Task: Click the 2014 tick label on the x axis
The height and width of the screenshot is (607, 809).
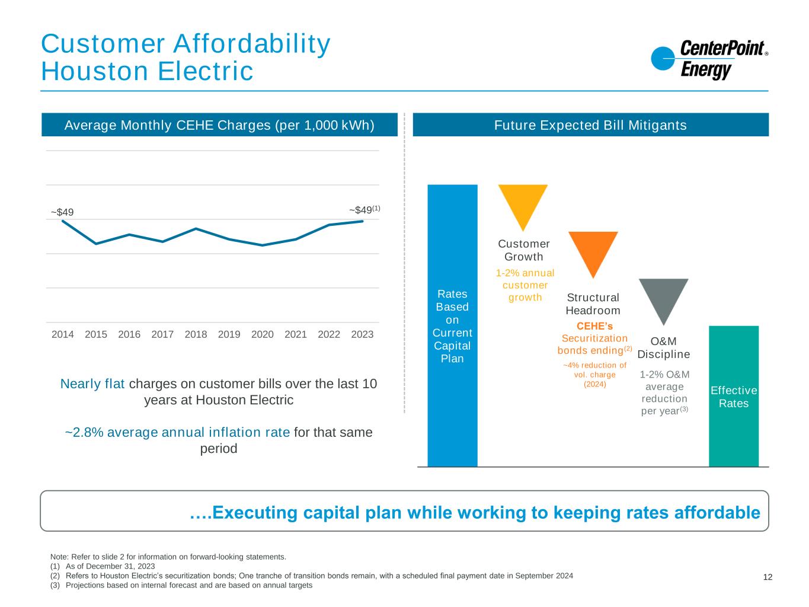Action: [x=63, y=334]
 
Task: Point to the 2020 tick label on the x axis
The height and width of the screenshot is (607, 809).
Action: [x=263, y=334]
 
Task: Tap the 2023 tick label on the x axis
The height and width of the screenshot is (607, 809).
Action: [x=362, y=334]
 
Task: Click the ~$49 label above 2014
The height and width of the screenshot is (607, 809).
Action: [x=62, y=212]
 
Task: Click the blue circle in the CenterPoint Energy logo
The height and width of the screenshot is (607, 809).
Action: [x=663, y=59]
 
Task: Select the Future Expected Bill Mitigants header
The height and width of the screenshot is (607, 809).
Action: [x=590, y=125]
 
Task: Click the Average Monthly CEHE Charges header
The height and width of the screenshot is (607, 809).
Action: [x=219, y=125]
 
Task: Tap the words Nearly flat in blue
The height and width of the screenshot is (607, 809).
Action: [x=92, y=384]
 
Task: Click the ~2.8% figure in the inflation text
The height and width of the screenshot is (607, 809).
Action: [x=84, y=433]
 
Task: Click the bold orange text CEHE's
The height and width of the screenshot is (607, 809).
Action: [x=594, y=326]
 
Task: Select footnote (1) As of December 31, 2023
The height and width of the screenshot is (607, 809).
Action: [x=103, y=566]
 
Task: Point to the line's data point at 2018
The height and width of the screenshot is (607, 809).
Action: [x=196, y=229]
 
